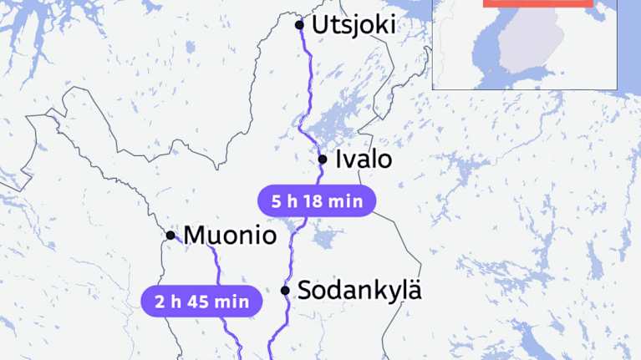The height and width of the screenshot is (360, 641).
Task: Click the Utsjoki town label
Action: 354,25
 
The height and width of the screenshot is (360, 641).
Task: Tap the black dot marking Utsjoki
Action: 300,25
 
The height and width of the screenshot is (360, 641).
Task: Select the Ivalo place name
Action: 363,159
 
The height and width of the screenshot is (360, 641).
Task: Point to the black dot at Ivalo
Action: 323,159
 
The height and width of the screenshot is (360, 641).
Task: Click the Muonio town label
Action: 230,236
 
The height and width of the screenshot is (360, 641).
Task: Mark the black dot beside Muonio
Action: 170,236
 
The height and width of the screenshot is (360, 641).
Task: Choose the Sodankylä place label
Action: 359,291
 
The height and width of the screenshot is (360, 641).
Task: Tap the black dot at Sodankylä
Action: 285,291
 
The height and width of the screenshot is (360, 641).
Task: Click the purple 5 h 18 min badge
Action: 313,201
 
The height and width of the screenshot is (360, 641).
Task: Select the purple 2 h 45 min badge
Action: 201,302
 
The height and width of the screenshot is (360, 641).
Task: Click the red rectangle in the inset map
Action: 537,3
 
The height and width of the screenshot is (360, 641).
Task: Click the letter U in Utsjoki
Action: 319,25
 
